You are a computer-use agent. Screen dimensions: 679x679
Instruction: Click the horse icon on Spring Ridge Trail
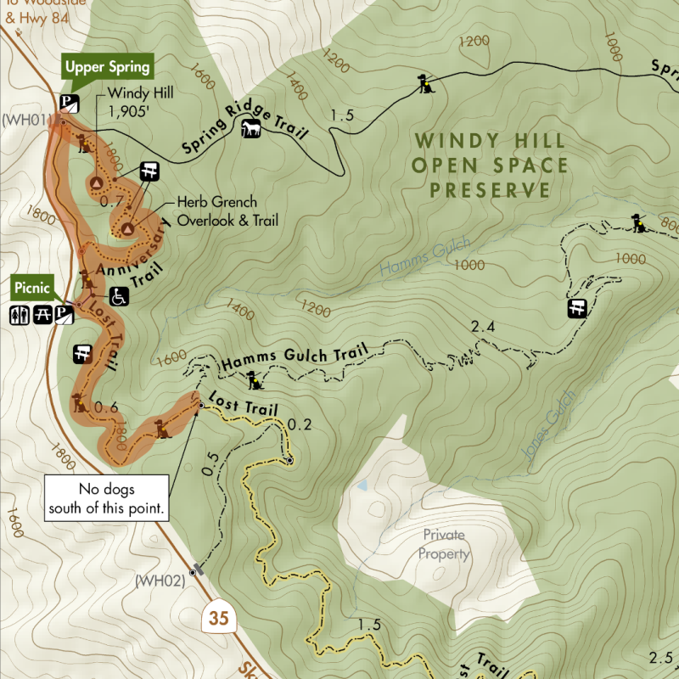[252, 128]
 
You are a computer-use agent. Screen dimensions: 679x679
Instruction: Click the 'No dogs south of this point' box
[107, 500]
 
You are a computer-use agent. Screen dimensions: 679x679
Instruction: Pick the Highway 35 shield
[219, 618]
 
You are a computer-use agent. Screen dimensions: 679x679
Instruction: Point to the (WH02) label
[160, 581]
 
